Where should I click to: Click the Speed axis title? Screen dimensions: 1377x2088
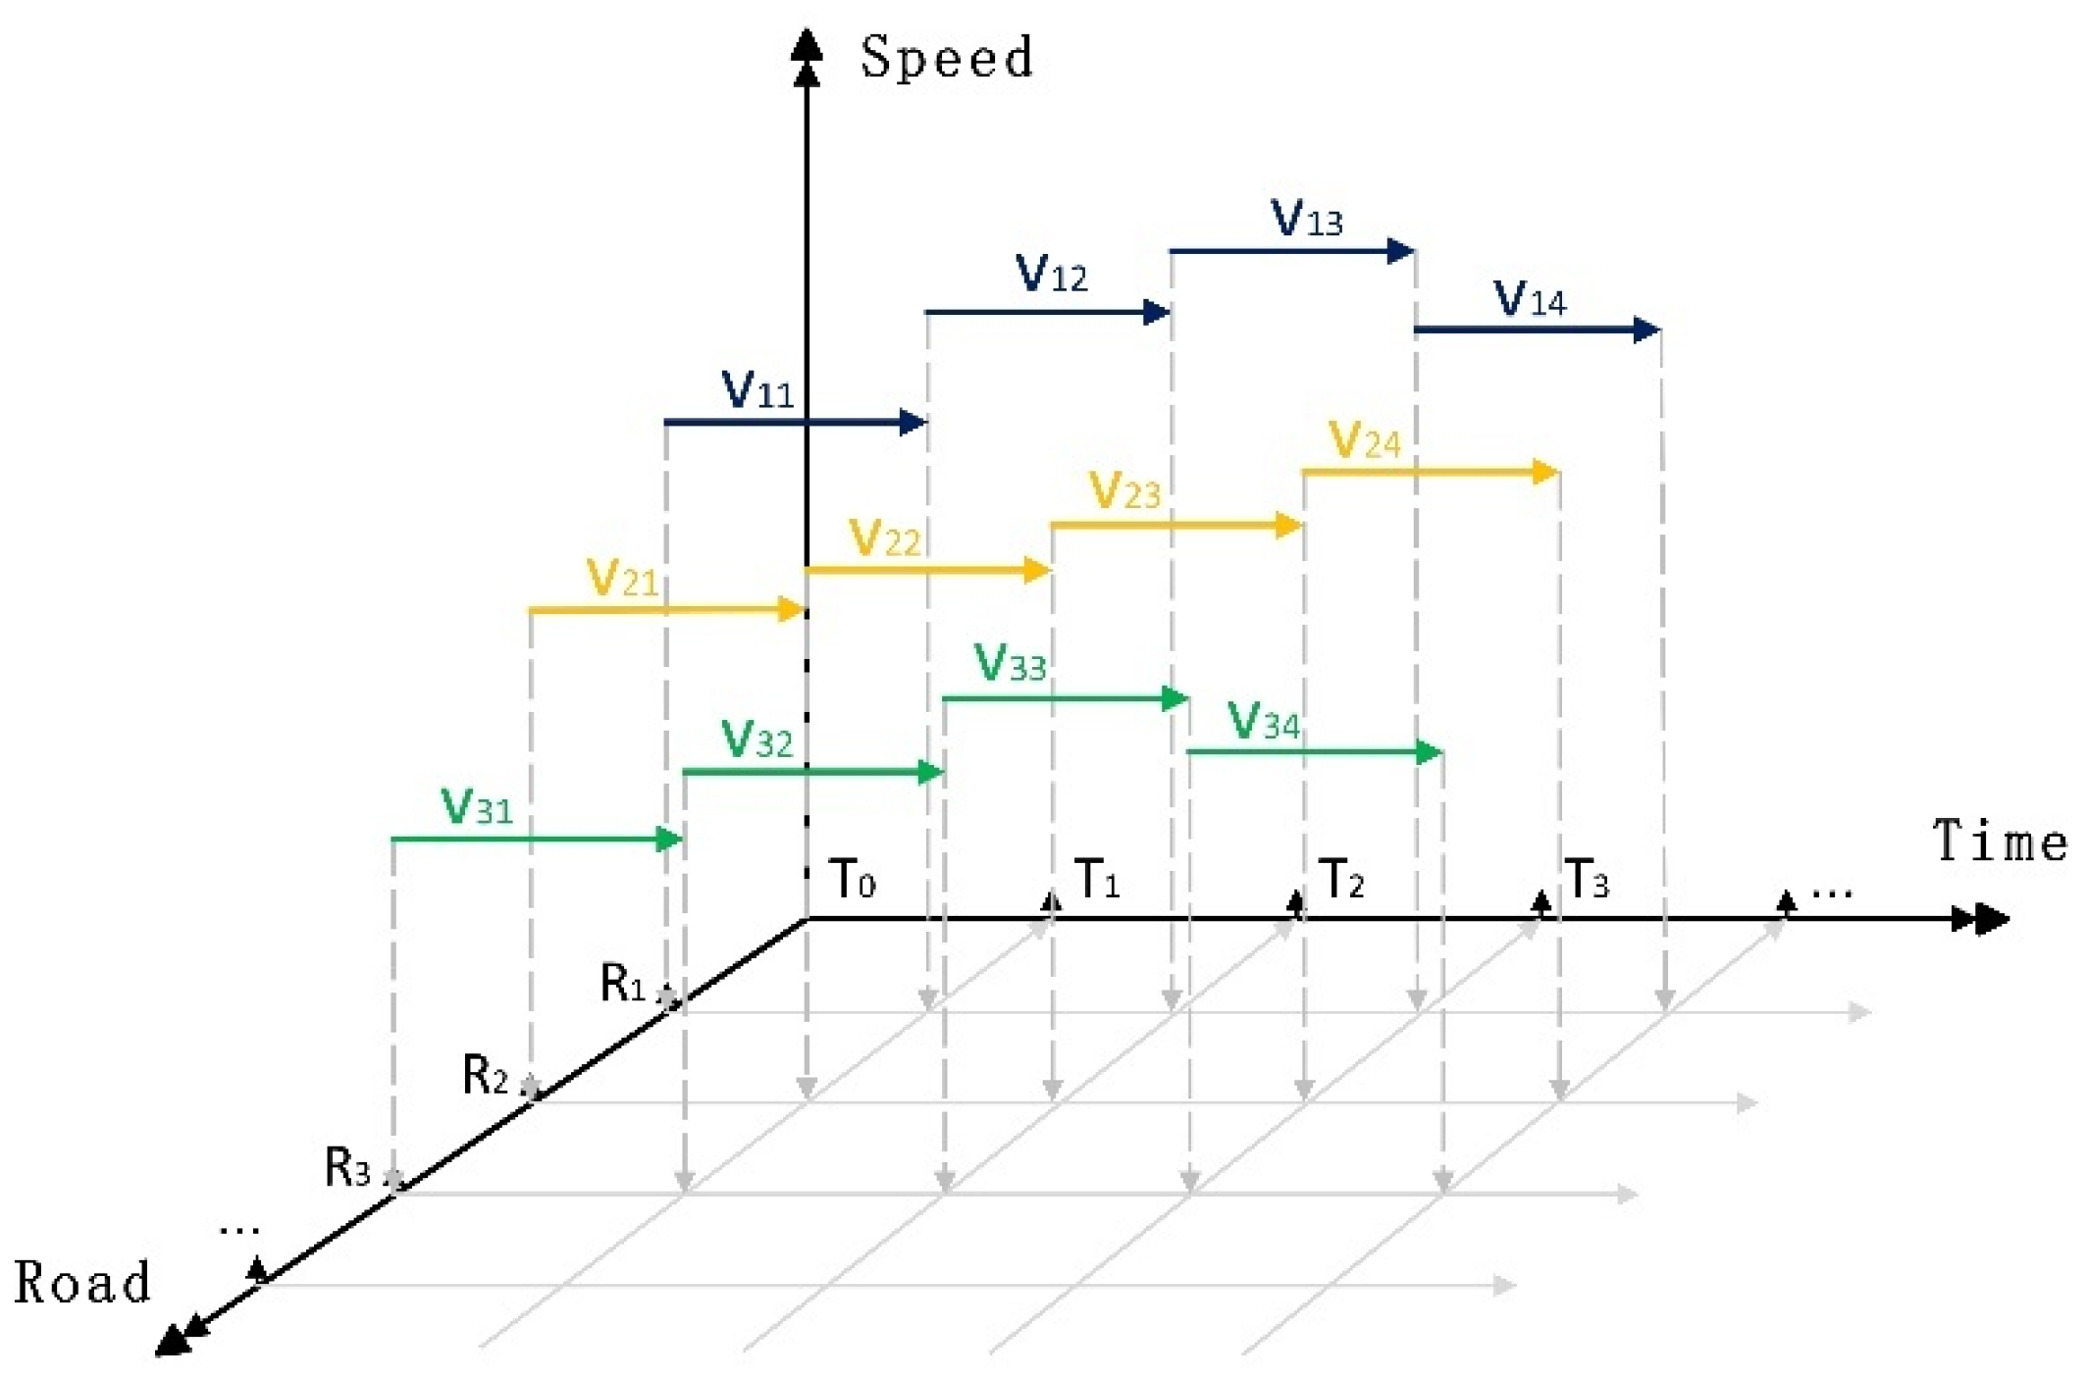(947, 57)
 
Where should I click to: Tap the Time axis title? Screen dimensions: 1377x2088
(2000, 841)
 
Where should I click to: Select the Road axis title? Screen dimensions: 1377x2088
(82, 1283)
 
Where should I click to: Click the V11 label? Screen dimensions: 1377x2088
(757, 390)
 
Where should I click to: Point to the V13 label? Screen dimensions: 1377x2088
(1306, 219)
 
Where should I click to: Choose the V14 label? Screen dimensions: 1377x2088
(1529, 298)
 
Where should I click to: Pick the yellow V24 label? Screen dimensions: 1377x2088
(1364, 440)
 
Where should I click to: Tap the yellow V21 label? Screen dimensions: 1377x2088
(621, 578)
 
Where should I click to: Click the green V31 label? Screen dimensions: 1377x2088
(477, 806)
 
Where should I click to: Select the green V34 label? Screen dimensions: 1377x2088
(1263, 722)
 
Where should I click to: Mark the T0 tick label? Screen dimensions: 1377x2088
(852, 878)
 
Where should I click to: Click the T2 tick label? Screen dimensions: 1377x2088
(1341, 878)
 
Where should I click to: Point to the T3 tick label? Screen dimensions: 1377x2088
(1586, 878)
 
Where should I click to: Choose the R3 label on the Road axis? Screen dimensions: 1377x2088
(348, 1167)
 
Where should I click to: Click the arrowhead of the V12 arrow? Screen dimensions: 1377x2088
(1158, 313)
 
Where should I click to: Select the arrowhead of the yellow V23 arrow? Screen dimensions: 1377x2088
(1288, 526)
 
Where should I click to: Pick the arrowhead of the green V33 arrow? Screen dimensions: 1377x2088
(1174, 698)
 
